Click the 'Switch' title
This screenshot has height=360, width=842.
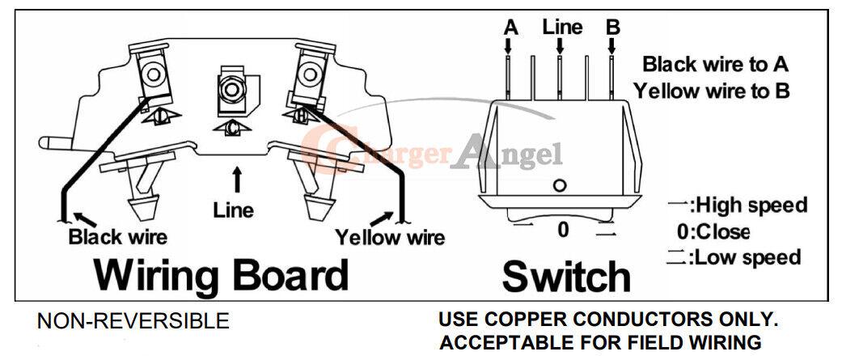coord(566,276)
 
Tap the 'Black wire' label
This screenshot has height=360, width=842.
coord(117,236)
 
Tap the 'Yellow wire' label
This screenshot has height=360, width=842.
coord(390,236)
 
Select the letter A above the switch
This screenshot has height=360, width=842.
coord(510,28)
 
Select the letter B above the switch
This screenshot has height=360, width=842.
coord(613,28)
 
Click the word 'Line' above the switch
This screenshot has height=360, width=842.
coord(562,27)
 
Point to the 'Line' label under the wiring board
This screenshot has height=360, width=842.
coord(233,210)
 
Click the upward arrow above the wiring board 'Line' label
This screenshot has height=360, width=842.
coord(236,180)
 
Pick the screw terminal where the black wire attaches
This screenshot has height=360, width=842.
coord(155,74)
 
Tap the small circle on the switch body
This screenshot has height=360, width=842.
coord(560,186)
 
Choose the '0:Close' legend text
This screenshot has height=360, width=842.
coord(713,231)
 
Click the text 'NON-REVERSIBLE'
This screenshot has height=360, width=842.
coord(133,321)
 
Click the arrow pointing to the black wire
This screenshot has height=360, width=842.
coord(86,219)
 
